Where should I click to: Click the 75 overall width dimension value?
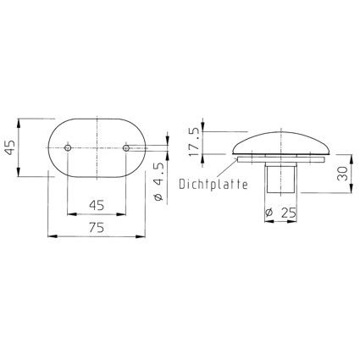point(97,228)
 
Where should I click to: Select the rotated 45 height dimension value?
point(10,147)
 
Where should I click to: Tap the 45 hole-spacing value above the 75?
point(97,205)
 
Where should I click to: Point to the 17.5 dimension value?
point(194,142)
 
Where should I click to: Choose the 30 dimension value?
point(342,173)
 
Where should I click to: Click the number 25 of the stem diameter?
point(289,213)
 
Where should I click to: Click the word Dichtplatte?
point(213,184)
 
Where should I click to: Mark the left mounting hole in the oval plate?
point(68,147)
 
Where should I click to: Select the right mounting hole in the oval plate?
point(126,147)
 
